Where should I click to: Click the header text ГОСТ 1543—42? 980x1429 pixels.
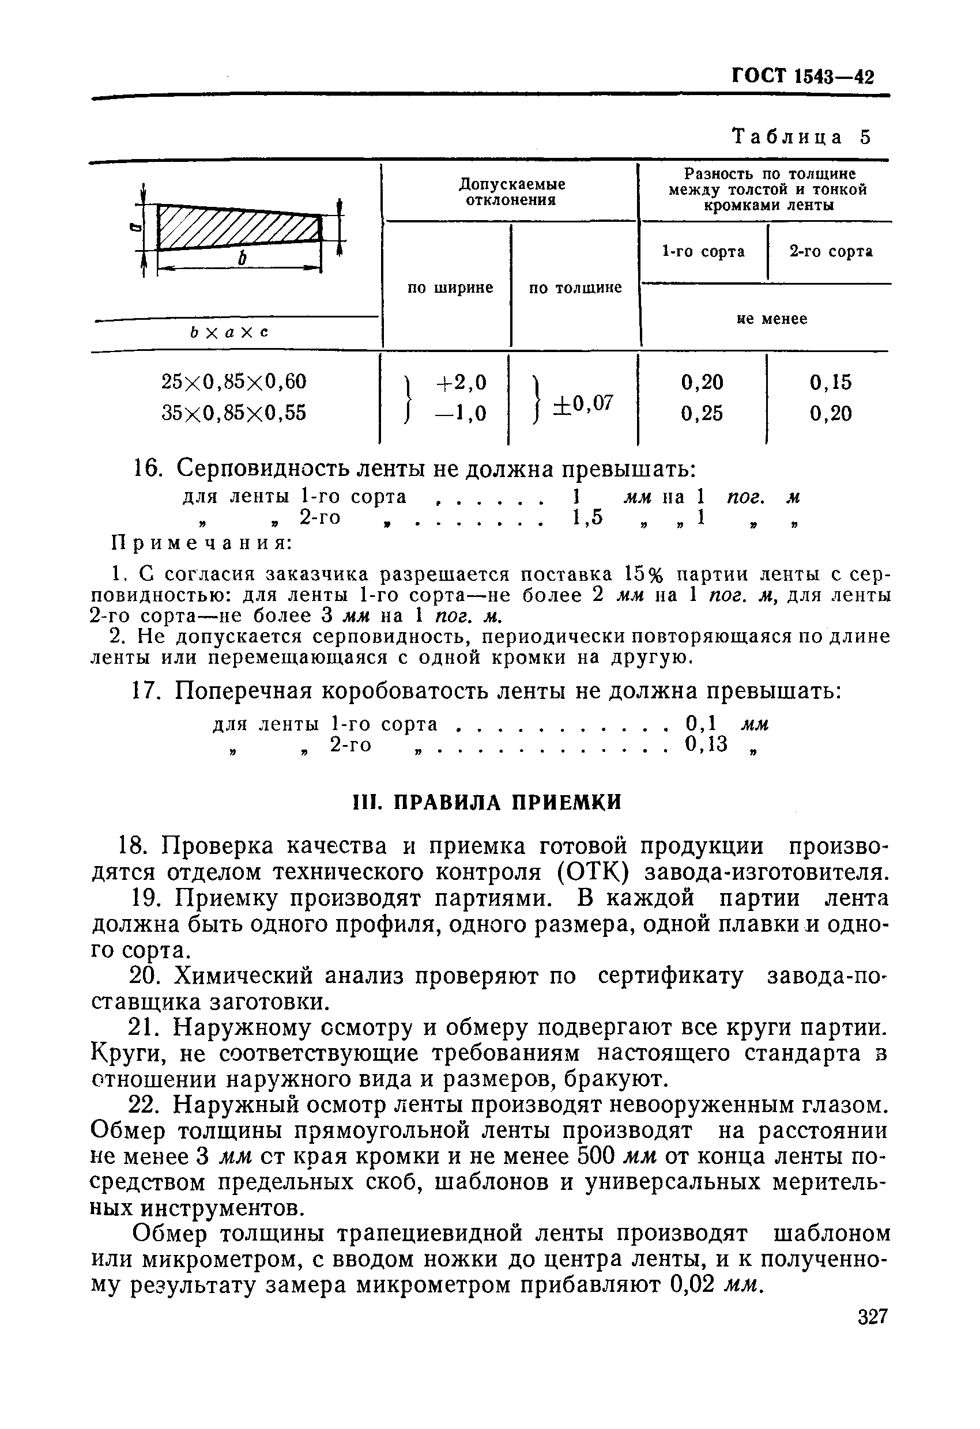click(x=802, y=76)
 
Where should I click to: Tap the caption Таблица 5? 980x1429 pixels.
click(x=801, y=137)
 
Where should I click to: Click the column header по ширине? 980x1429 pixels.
click(x=450, y=288)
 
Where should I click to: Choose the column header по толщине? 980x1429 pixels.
click(x=575, y=288)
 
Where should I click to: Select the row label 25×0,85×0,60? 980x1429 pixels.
click(x=234, y=382)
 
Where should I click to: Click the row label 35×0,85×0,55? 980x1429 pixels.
click(x=234, y=413)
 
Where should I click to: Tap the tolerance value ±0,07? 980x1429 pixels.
click(x=583, y=403)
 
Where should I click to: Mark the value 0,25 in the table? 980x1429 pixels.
click(x=702, y=413)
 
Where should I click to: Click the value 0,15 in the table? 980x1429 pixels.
click(x=831, y=383)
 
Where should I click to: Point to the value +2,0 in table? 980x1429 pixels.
click(x=461, y=383)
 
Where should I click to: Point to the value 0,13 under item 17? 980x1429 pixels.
click(x=706, y=744)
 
